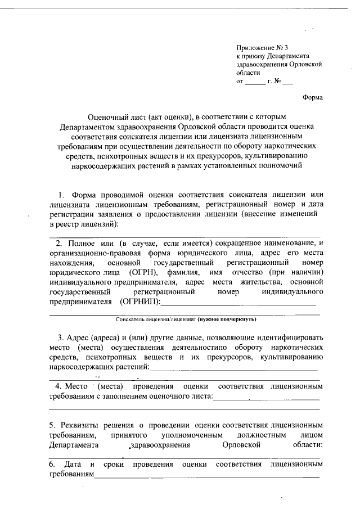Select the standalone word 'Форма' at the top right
coord(313,97)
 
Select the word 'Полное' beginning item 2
coord(81,243)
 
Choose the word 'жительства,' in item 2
coord(257,282)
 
